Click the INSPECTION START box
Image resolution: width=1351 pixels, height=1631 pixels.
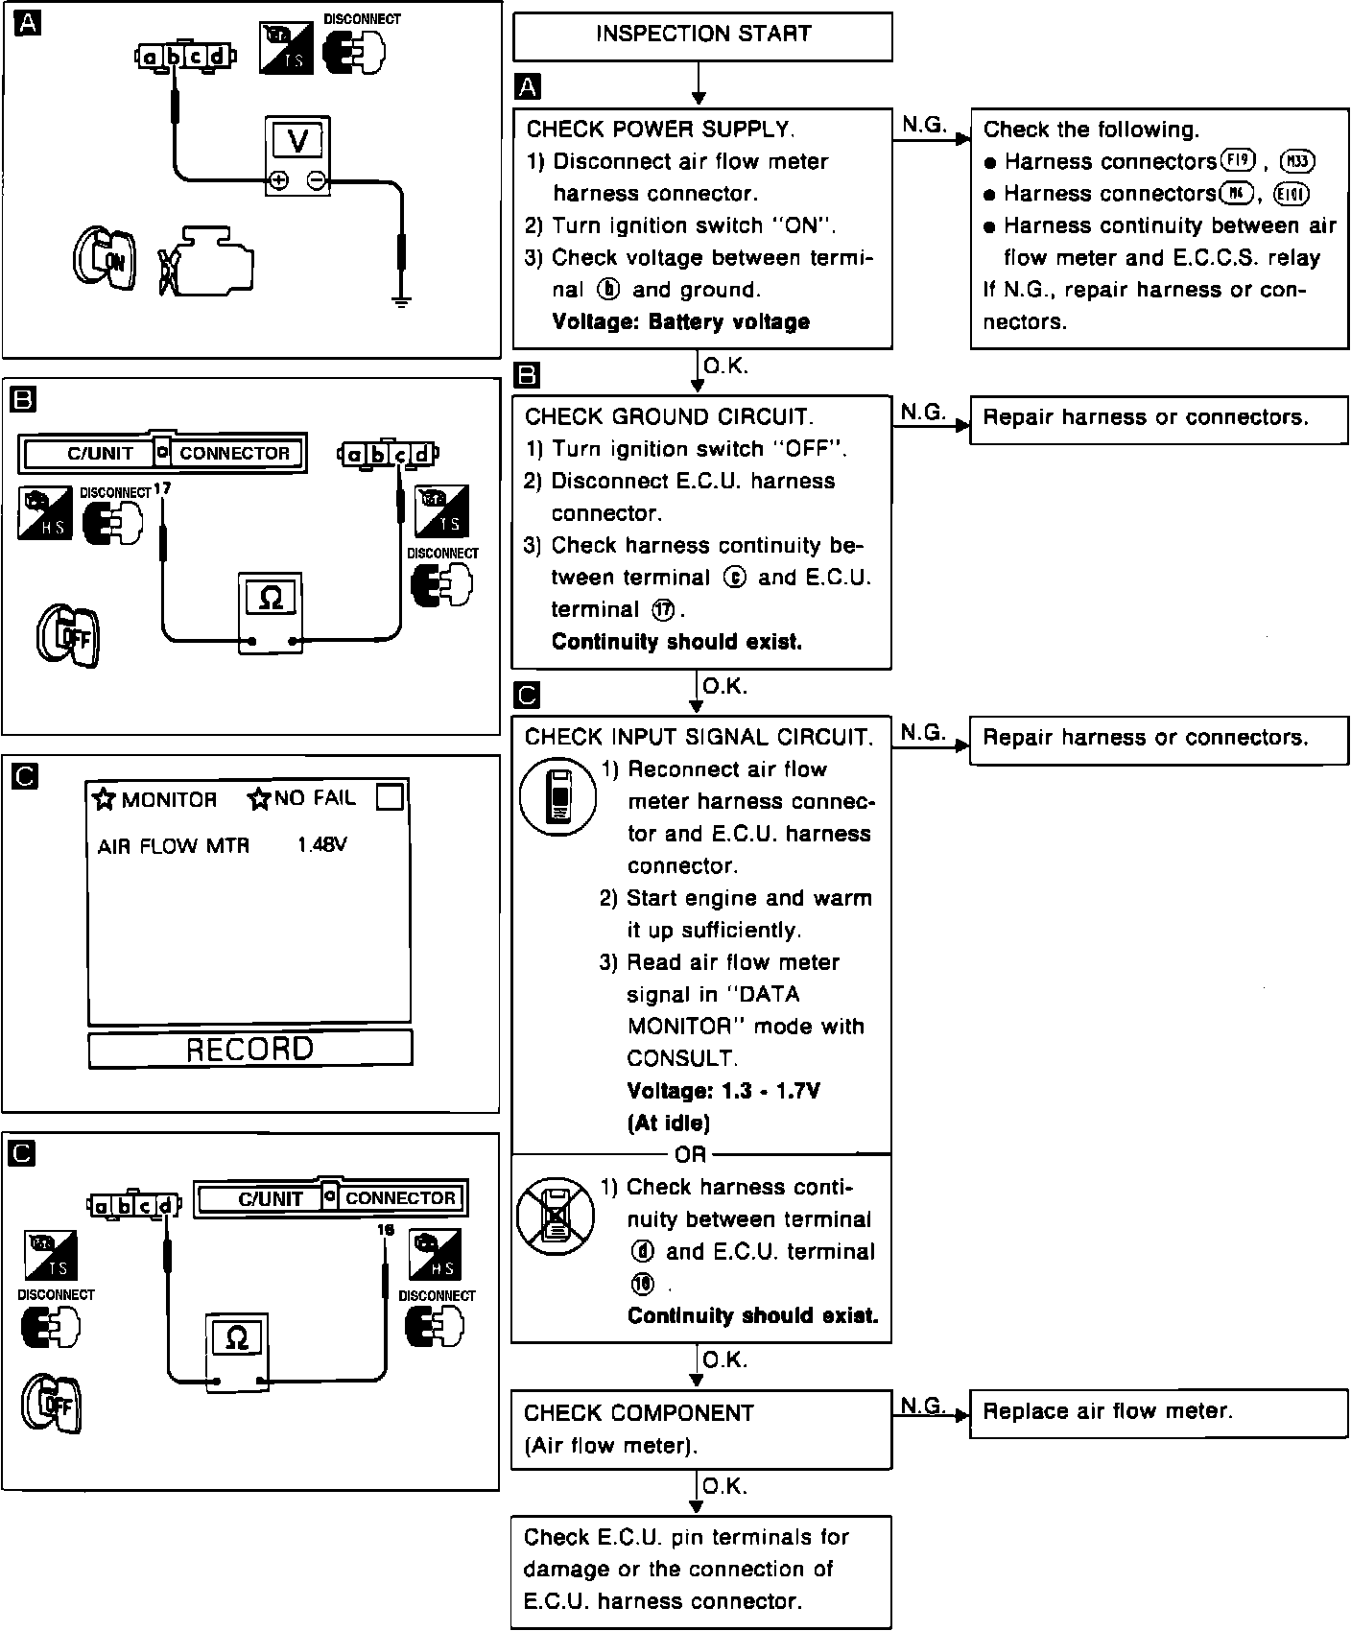click(702, 35)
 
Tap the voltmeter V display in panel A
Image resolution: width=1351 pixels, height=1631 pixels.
click(297, 142)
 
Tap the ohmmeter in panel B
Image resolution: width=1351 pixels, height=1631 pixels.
click(271, 613)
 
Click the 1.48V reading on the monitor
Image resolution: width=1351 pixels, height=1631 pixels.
click(321, 845)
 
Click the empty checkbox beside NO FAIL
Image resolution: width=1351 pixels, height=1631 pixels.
click(390, 796)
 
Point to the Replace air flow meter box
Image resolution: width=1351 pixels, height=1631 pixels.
click(1158, 1411)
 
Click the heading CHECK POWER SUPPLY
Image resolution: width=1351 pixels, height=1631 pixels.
click(660, 129)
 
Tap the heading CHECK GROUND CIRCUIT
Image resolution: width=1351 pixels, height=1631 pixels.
click(669, 416)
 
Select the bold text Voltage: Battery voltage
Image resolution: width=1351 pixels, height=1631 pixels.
click(681, 322)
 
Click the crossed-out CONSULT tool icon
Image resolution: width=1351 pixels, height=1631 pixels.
click(556, 1216)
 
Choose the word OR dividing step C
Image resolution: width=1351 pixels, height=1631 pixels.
click(690, 1154)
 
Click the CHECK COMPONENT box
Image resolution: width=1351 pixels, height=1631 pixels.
click(700, 1429)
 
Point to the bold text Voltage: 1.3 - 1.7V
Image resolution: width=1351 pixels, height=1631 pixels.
click(723, 1091)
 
